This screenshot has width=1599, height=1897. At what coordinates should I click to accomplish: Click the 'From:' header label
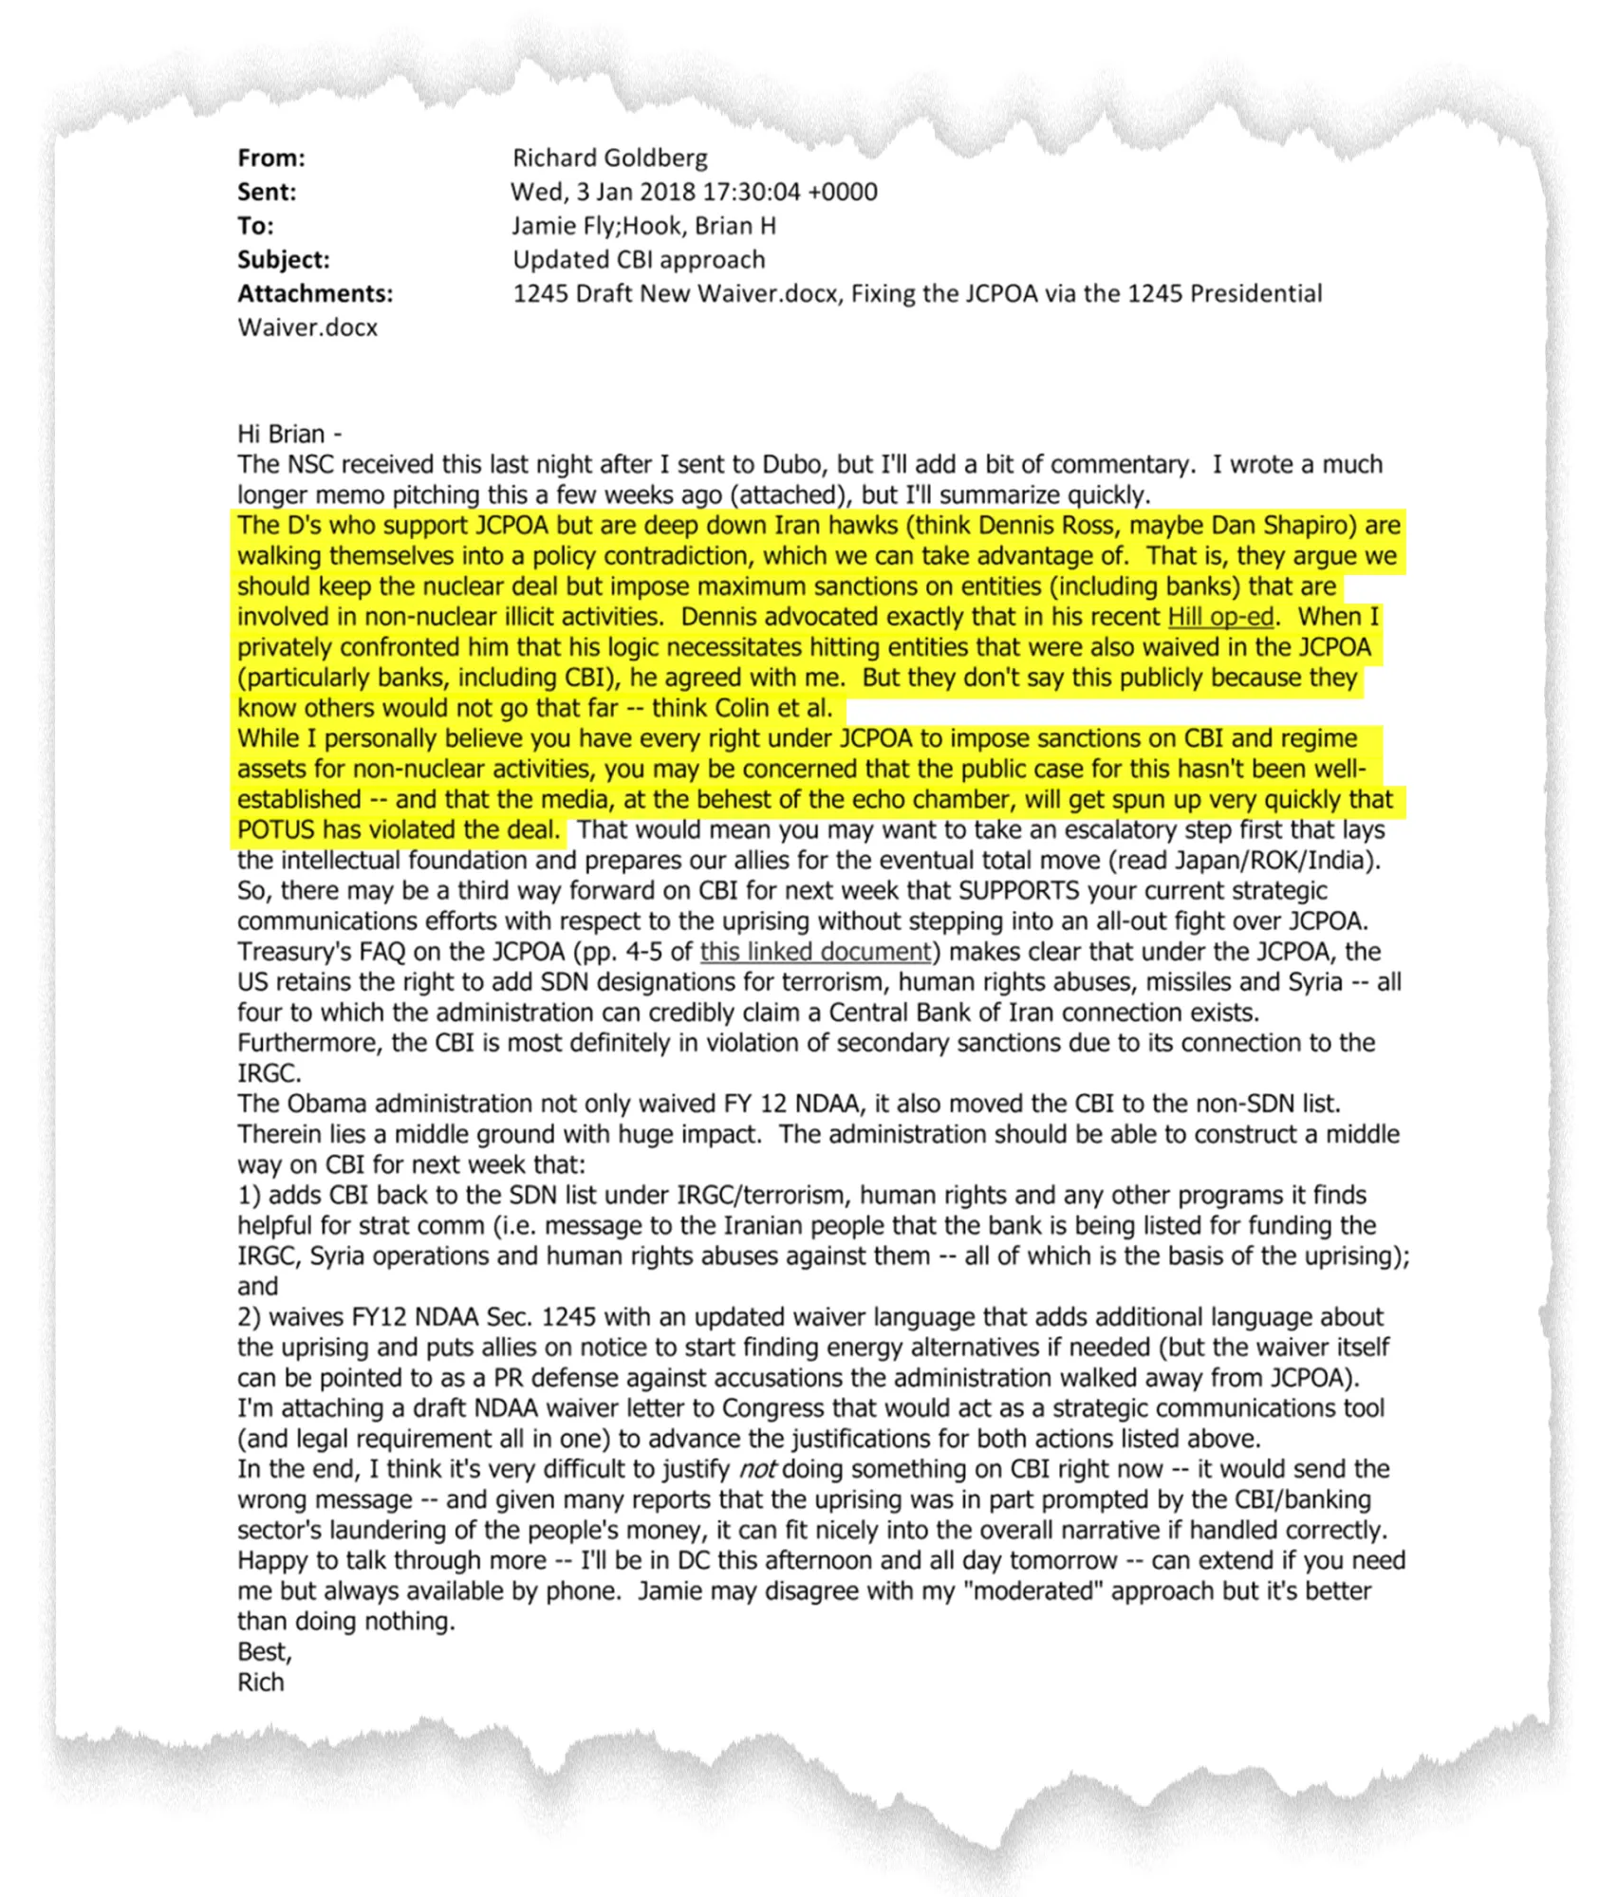point(271,158)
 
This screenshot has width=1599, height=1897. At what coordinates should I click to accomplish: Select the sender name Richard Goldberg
point(609,158)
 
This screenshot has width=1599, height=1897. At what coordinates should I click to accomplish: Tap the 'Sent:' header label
point(267,192)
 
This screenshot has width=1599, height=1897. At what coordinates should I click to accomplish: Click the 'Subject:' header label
point(284,260)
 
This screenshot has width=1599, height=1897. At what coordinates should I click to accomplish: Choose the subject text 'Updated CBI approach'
point(639,260)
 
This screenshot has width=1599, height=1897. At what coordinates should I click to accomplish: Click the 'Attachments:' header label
point(315,294)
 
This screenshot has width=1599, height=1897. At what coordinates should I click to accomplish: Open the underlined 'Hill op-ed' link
point(1220,617)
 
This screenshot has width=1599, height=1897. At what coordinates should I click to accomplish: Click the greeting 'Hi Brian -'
point(289,435)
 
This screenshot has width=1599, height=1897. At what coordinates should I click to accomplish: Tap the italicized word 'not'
point(757,1470)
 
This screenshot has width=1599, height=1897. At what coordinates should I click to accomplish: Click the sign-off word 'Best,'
point(265,1652)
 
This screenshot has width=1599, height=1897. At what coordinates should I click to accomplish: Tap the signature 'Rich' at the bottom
point(261,1683)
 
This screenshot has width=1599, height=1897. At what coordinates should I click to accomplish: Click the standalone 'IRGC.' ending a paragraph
point(270,1073)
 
